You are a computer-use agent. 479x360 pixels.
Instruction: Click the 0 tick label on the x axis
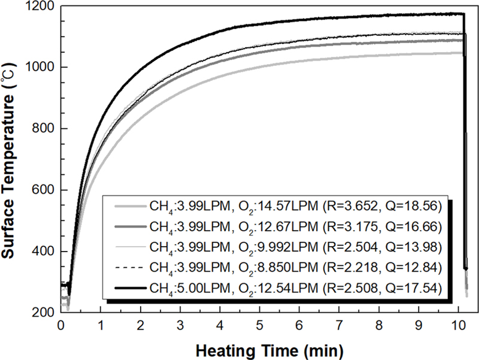(x=61, y=326)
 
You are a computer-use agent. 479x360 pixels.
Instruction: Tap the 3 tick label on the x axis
(x=180, y=326)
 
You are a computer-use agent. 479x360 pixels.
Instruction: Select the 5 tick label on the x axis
(x=260, y=326)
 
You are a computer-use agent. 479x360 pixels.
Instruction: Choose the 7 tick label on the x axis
(x=339, y=326)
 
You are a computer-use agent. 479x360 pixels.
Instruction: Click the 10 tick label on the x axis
(x=457, y=326)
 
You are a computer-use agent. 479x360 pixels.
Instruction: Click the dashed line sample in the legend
(x=125, y=267)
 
